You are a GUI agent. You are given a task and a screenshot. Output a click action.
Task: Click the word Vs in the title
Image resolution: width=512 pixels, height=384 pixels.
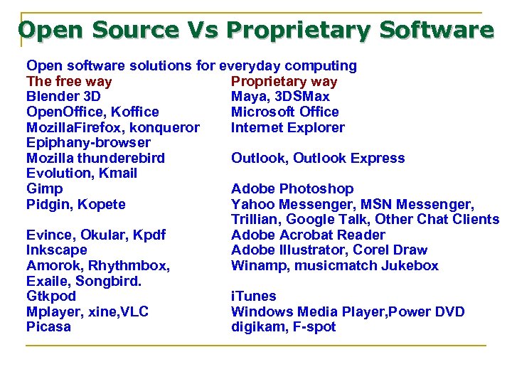click(204, 31)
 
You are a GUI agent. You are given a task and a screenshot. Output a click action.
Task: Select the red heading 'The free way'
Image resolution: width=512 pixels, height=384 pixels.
click(69, 81)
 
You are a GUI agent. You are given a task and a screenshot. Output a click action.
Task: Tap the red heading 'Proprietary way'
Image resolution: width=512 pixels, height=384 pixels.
click(284, 81)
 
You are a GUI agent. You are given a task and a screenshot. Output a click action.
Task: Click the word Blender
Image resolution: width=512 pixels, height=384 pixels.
click(52, 96)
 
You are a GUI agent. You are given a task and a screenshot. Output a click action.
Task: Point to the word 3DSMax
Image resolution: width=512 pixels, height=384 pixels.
click(302, 96)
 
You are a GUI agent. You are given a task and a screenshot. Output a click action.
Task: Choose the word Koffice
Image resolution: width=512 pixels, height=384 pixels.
click(134, 112)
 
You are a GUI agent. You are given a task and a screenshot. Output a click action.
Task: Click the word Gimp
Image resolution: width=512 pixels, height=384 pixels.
click(44, 188)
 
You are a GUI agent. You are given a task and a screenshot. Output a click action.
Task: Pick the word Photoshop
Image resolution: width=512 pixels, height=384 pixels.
click(316, 188)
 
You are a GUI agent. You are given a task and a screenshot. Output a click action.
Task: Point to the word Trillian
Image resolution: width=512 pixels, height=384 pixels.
click(255, 219)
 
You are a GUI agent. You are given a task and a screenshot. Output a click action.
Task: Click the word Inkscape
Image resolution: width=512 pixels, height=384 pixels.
click(56, 250)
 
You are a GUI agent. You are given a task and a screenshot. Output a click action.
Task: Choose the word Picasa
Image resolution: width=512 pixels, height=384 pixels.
click(48, 326)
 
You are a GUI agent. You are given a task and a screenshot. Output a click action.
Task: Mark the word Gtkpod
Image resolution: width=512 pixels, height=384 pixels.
click(51, 296)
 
